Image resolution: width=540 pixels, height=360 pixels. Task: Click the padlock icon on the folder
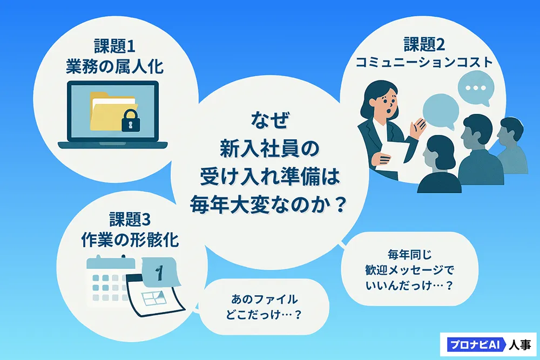click(131, 120)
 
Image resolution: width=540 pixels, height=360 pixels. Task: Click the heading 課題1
click(114, 46)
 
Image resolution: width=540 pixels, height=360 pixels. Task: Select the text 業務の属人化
click(114, 66)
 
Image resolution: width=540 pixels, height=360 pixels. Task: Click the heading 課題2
click(424, 45)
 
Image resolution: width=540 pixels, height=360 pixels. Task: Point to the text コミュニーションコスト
click(424, 63)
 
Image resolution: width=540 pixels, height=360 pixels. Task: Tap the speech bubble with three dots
click(476, 88)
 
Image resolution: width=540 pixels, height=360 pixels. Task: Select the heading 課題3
click(130, 219)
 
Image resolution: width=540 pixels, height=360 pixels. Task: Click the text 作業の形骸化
click(130, 240)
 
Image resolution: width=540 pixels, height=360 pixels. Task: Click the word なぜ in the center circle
click(270, 119)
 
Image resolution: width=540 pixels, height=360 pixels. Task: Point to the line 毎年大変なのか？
click(268, 205)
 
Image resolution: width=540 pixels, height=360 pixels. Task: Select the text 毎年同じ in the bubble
click(409, 255)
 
